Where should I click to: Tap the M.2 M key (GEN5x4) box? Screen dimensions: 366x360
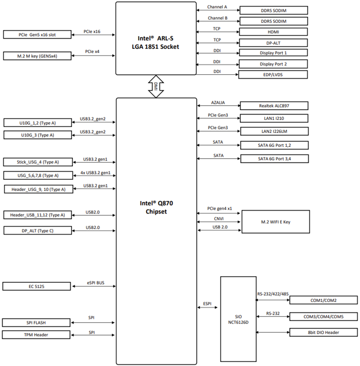click(37, 56)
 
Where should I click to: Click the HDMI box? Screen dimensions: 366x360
click(273, 32)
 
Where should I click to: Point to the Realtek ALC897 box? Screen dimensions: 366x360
click(274, 106)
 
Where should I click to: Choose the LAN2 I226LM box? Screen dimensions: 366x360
click(274, 131)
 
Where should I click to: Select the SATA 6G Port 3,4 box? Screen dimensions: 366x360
click(274, 159)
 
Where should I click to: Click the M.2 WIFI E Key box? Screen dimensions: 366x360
click(275, 221)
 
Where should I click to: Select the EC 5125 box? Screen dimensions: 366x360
click(37, 286)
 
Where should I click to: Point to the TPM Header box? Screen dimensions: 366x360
click(37, 335)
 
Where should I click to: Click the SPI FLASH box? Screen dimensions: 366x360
click(37, 323)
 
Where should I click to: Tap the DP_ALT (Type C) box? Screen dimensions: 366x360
click(37, 231)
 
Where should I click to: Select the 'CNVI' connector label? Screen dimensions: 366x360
click(218, 219)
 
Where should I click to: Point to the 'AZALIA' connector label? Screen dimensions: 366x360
click(218, 103)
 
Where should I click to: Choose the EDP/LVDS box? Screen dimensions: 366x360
click(273, 75)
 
